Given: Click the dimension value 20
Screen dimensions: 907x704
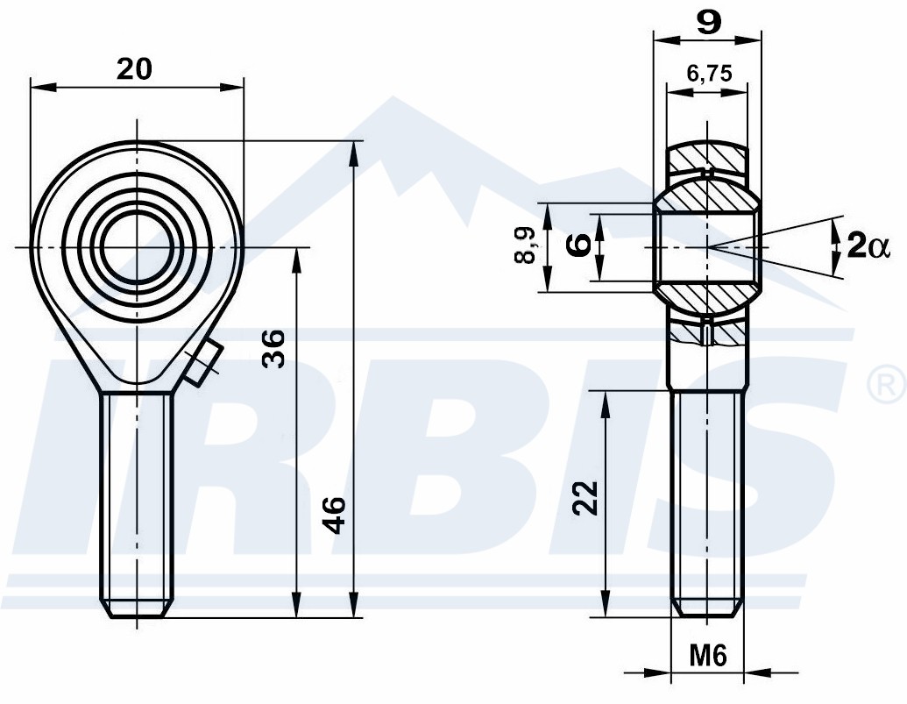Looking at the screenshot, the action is pos(134,69).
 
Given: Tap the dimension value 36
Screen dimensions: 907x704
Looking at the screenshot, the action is pos(273,349).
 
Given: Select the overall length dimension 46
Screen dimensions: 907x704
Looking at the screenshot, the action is pos(334,515).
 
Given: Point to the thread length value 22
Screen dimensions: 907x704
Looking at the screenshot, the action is pos(585,497).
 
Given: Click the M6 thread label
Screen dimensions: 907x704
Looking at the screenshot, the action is pos(708,656).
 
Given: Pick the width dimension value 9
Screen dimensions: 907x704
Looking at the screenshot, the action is pos(709,23).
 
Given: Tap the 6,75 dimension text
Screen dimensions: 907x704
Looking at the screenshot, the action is pos(709,74).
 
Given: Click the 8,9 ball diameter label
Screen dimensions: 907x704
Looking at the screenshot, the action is pos(525,245).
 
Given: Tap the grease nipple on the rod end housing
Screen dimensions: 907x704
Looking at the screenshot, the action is pos(203,363).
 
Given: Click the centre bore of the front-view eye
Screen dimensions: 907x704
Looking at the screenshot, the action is pos(137,247).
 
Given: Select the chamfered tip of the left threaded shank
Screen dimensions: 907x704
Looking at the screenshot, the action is pos(137,608).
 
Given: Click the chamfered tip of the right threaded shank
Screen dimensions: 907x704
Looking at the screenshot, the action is pos(707,608).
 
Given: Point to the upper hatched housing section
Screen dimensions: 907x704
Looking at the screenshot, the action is pos(706,156).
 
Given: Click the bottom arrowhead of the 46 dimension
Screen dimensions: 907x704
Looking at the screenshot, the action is pos(354,605).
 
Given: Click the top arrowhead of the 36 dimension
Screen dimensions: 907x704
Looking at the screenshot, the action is pos(297,261).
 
